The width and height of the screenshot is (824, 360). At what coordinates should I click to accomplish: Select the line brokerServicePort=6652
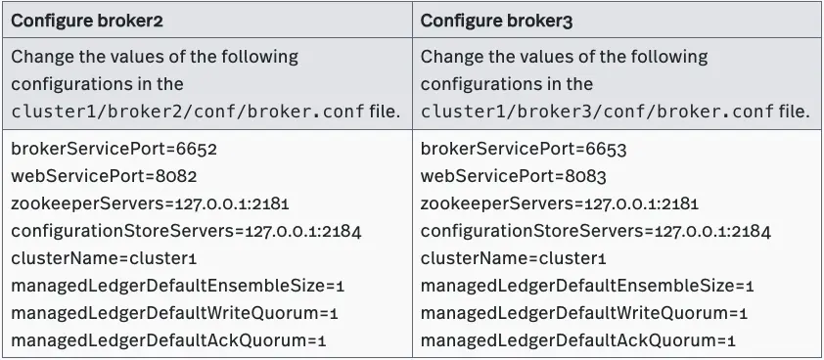tap(114, 150)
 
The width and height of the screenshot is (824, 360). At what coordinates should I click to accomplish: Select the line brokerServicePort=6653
tap(524, 150)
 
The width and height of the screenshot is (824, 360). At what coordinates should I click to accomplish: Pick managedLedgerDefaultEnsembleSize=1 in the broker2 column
tap(178, 287)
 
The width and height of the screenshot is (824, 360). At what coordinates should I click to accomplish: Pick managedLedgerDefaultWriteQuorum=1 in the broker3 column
tap(584, 313)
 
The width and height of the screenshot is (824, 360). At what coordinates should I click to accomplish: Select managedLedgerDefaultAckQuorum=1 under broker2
tap(168, 340)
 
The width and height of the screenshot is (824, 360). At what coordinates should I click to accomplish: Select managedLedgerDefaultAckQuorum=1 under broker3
tap(577, 340)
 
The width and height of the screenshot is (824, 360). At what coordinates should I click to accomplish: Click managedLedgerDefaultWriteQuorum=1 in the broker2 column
tap(174, 313)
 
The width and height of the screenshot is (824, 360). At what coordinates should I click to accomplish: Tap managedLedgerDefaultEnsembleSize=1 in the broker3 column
tap(587, 287)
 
